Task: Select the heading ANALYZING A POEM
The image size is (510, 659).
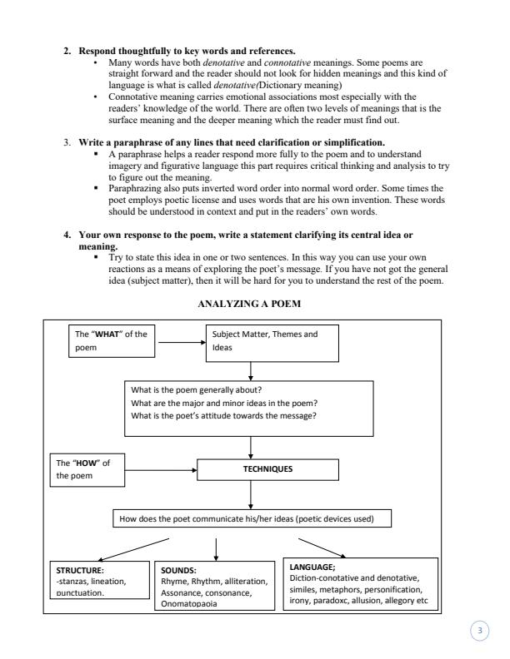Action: coord(250,304)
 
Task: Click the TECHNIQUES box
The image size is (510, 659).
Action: coord(251,468)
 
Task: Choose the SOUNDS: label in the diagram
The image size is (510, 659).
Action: coord(179,571)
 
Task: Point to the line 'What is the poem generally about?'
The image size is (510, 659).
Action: coord(197,390)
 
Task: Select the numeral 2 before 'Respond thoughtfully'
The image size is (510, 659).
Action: coord(67,52)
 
